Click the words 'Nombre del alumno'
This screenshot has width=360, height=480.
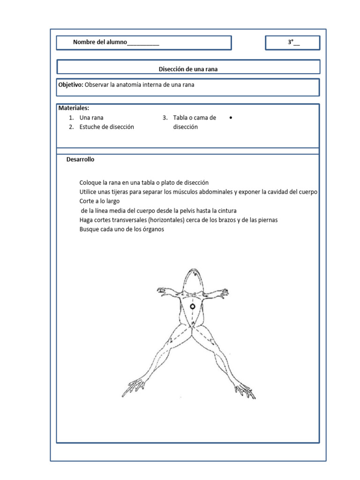point(100,43)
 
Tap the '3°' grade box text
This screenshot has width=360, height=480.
point(291,43)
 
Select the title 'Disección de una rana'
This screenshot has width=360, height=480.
point(188,69)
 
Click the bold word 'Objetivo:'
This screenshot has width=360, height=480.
point(71,85)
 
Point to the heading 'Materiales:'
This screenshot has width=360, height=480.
point(74,108)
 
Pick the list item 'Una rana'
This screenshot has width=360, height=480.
point(91,118)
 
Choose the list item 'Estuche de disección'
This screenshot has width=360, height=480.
point(106,127)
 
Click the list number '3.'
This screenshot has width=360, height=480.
point(165,118)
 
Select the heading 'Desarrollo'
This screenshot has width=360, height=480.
point(80,159)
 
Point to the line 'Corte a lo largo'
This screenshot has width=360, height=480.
point(100,202)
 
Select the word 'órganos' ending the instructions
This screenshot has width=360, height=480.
point(153,230)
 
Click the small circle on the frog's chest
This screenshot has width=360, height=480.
point(192,307)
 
